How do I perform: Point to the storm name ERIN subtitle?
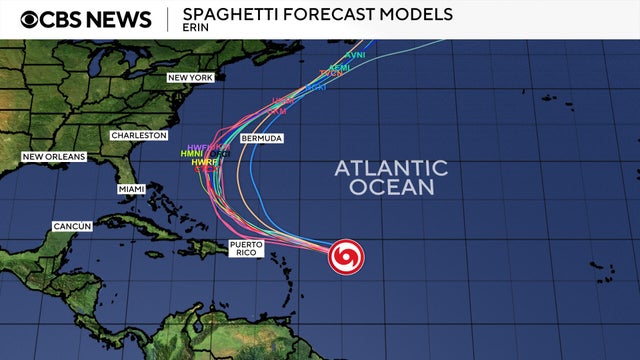tap(195, 28)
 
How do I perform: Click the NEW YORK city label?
tap(191, 77)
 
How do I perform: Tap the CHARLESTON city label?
tap(138, 134)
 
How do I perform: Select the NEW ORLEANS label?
tap(54, 157)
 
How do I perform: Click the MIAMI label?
tap(131, 189)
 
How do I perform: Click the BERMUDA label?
tap(261, 137)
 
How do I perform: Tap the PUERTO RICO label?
tap(245, 248)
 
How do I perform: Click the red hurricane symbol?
tap(346, 257)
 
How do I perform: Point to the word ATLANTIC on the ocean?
tap(391, 167)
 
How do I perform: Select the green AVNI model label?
tap(355, 54)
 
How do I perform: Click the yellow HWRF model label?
tap(204, 162)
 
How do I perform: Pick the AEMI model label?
tap(340, 67)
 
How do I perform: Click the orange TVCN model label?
tap(331, 74)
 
